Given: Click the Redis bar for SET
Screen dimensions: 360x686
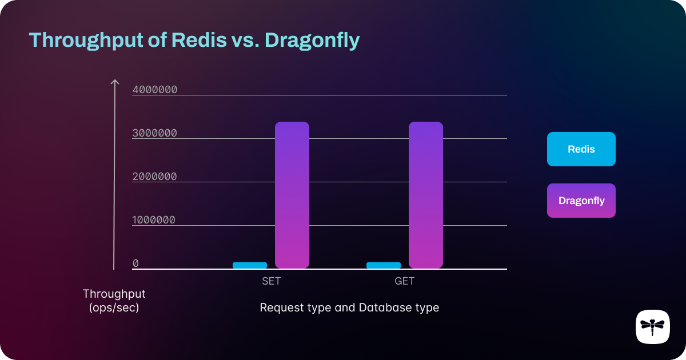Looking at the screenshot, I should coord(250,265).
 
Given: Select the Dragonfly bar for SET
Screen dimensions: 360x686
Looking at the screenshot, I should coord(292,195).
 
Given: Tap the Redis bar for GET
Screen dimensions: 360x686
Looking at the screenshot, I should coord(384,265).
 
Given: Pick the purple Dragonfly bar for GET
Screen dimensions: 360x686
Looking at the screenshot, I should coord(426,195).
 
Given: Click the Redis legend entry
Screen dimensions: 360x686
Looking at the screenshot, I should coord(581,149).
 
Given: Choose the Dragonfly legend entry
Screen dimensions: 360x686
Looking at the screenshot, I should coord(581,201).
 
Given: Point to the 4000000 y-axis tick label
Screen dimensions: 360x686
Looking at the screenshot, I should coord(155,89).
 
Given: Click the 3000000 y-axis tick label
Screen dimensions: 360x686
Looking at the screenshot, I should coord(155,133).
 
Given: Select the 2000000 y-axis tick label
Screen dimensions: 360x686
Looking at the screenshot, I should coord(155,176).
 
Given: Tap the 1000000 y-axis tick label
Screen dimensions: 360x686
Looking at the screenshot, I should coord(155,219).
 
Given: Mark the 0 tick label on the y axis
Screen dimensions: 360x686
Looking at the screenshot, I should coord(135,263).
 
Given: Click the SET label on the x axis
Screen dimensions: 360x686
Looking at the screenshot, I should coord(271,281).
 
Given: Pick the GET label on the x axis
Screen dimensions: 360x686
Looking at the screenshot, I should coord(404,281).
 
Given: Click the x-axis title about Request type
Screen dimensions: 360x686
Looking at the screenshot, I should coord(349,307).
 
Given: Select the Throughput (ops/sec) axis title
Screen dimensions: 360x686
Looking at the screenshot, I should coord(114,301).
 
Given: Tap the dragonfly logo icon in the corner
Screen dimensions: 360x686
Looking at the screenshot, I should coord(652,327).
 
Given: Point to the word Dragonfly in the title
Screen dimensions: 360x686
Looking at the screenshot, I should coord(312,41).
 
